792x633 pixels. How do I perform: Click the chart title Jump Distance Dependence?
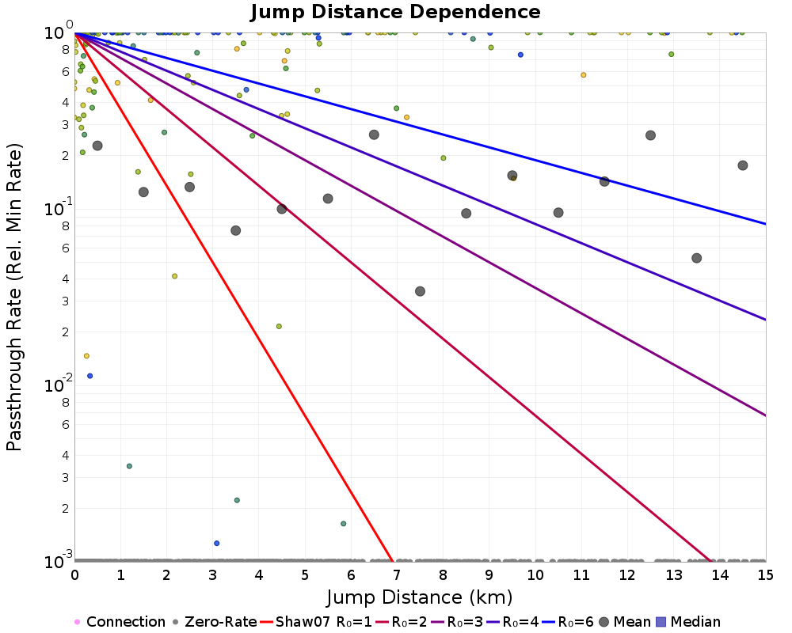[x=395, y=12]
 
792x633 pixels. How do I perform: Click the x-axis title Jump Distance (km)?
[x=419, y=597]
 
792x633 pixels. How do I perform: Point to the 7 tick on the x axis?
[x=397, y=575]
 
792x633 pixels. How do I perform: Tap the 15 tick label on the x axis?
[x=766, y=575]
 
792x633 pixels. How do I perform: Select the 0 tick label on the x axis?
[x=74, y=575]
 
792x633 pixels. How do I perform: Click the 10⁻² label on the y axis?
[x=59, y=384]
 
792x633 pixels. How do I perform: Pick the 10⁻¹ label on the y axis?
[x=59, y=207]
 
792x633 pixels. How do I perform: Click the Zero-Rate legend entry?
[x=215, y=621]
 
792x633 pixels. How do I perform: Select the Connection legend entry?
[x=120, y=621]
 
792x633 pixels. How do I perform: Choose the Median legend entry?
[x=688, y=621]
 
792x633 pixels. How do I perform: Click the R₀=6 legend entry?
[x=568, y=621]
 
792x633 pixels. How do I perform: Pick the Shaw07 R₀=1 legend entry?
[x=316, y=621]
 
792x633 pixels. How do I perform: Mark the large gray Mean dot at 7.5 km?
[x=420, y=291]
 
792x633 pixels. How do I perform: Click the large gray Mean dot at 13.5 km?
[x=696, y=258]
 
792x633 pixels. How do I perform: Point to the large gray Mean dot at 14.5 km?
[x=743, y=165]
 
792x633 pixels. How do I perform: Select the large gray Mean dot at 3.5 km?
[x=235, y=231]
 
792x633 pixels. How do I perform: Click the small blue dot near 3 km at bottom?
[x=217, y=543]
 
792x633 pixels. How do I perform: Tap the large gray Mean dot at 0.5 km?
[x=97, y=146]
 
